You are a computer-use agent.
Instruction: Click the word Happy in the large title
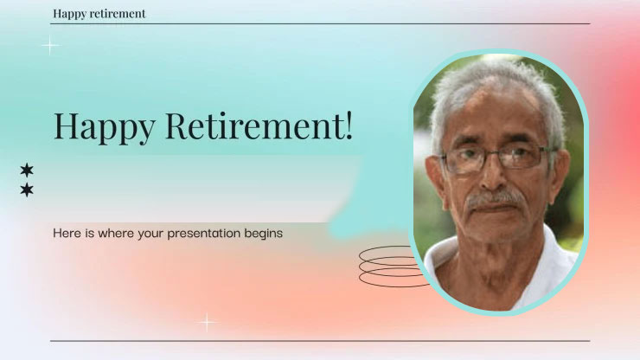[104, 127]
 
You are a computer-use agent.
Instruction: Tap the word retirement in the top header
[117, 14]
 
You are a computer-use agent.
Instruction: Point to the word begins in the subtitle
[264, 234]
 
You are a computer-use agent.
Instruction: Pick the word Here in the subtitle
[67, 233]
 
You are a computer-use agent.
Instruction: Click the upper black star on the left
[27, 170]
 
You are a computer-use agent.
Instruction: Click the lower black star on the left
[27, 190]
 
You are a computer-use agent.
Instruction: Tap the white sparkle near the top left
[50, 45]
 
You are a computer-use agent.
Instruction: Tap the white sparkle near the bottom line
[207, 323]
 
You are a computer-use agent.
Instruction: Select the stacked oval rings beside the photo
[389, 266]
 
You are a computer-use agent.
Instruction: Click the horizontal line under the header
[320, 24]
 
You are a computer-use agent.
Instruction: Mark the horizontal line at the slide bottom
[320, 341]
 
